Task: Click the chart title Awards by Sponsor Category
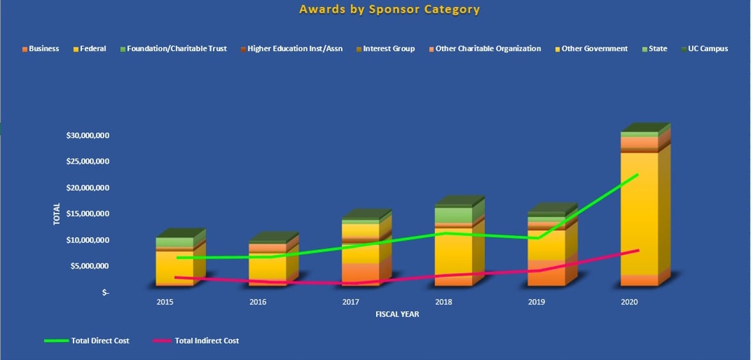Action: pyautogui.click(x=389, y=10)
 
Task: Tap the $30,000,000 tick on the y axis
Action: pyautogui.click(x=88, y=136)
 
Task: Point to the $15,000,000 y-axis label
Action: pyautogui.click(x=88, y=214)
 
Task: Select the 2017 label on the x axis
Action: pyautogui.click(x=351, y=302)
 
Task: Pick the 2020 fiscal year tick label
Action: pyautogui.click(x=629, y=302)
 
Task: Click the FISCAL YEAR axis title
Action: pyautogui.click(x=397, y=315)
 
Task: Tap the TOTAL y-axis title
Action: pyautogui.click(x=56, y=214)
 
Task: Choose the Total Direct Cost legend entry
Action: pyautogui.click(x=100, y=341)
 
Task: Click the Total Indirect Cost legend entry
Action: pyautogui.click(x=207, y=341)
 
